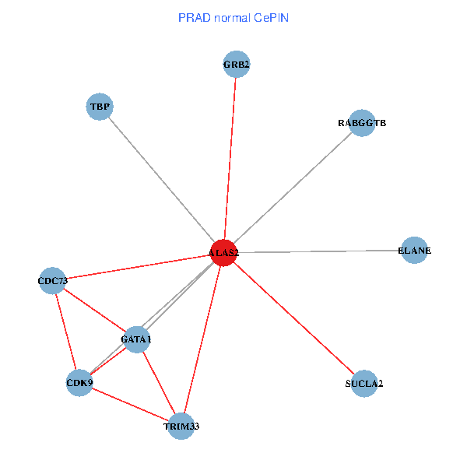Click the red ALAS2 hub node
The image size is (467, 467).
223,253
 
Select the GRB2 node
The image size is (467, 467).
236,65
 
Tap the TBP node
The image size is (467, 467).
100,107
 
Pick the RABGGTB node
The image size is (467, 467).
362,123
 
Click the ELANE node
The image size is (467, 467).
414,251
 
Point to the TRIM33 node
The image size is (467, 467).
181,426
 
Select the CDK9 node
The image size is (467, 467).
79,382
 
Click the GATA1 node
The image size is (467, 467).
136,339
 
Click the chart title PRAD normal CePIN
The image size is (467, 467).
233,17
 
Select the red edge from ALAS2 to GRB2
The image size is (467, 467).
230,156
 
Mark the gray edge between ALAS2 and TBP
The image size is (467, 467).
162,180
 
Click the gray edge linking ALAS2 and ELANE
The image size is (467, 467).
319,251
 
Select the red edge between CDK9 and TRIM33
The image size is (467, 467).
130,404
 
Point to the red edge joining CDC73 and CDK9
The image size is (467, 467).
66,331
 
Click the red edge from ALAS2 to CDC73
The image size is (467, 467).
138,266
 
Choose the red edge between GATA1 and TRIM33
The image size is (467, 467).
159,383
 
